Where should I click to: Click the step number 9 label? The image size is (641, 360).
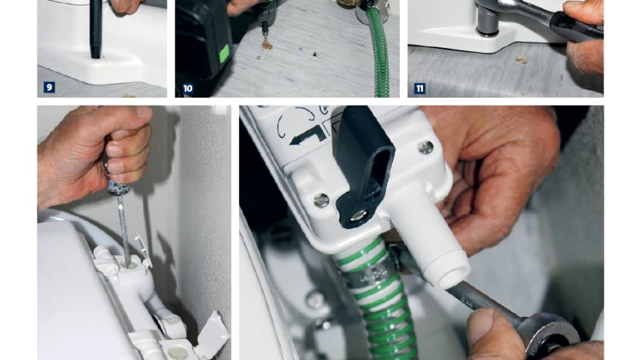tap(49, 87)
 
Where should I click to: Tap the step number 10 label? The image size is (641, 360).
tap(188, 88)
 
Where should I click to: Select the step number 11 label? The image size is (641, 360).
tap(420, 88)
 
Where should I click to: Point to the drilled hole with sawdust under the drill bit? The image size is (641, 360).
tap(267, 46)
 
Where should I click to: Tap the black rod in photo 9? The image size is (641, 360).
tap(95, 29)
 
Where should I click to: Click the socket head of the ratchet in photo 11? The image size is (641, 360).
tap(487, 20)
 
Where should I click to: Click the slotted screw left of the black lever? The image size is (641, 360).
tap(322, 200)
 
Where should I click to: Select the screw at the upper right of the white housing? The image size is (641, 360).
tap(426, 147)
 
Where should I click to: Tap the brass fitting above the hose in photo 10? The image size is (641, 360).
tap(346, 4)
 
